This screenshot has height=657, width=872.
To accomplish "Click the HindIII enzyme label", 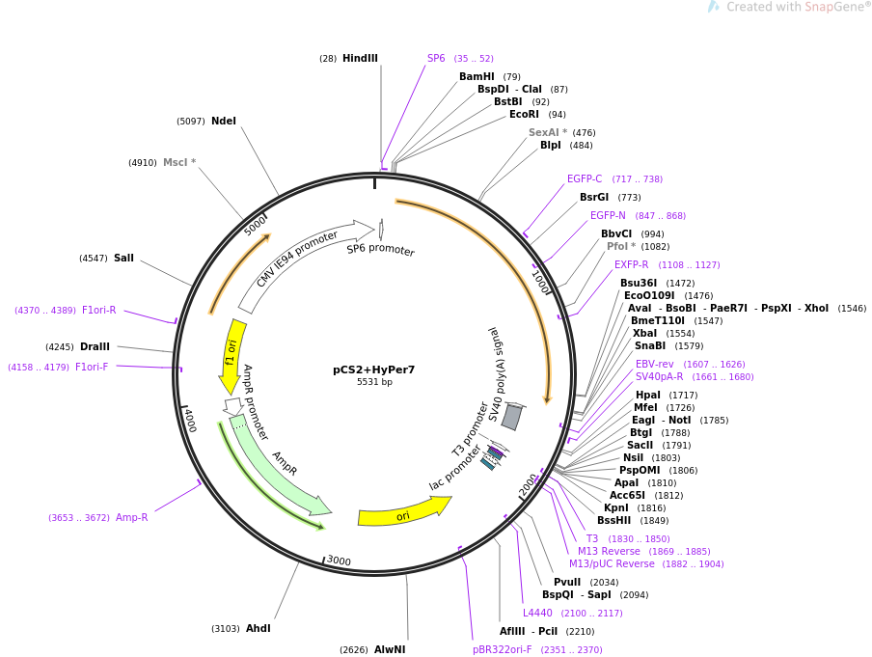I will pos(360,59).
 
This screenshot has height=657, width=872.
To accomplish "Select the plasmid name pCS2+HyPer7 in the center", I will pos(374,370).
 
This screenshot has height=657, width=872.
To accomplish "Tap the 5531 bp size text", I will pos(374,382).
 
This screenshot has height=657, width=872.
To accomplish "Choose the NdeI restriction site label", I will pos(224,122).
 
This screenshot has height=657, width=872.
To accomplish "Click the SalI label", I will pos(123,259).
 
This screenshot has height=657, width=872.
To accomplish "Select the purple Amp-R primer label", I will pos(132,518).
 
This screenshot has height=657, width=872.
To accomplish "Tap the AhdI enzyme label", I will pos(258,629).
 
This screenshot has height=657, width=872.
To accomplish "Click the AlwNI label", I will pos(390,650).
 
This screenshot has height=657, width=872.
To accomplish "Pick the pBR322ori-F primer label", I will pos(502,650).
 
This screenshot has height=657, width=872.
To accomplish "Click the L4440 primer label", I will pos(537,614).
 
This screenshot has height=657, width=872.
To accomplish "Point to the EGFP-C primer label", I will pos(585,179).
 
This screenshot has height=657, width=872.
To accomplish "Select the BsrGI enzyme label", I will pos(594,198).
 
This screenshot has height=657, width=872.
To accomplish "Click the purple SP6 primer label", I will pos(436,59).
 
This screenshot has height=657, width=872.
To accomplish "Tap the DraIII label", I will pos(95,347).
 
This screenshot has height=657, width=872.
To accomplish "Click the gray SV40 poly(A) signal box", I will pos(511,417).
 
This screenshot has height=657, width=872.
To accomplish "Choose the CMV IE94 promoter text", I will pos(297,258).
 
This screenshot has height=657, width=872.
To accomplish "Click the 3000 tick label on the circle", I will pos(339,561).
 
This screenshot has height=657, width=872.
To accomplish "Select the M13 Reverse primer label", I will pos(609,552).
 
